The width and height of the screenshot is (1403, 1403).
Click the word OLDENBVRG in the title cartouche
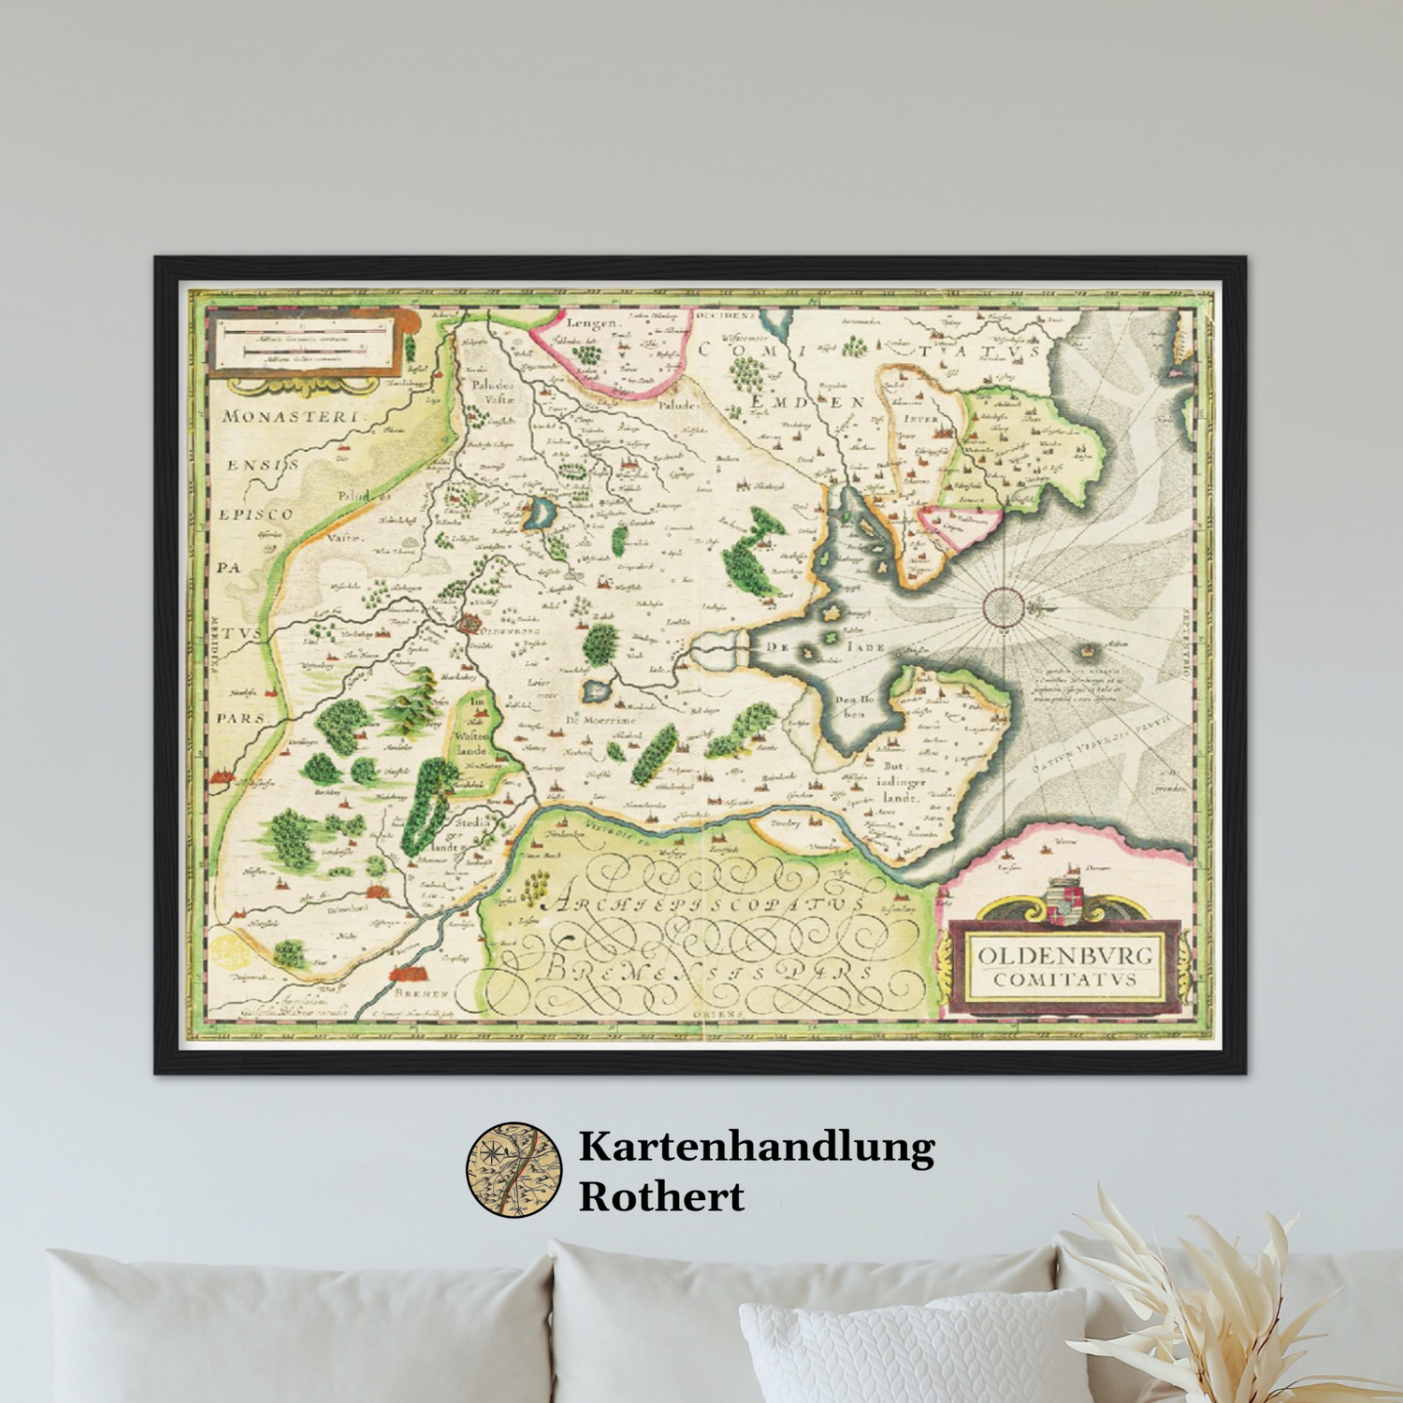click(x=1065, y=956)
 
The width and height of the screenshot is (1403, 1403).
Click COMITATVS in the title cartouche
click(x=1065, y=980)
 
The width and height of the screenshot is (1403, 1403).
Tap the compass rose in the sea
click(x=1003, y=607)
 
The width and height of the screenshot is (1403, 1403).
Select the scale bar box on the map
click(x=301, y=343)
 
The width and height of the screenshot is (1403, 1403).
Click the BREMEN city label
click(x=422, y=992)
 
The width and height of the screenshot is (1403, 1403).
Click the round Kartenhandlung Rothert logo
click(x=514, y=1170)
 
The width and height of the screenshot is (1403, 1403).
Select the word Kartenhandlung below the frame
click(x=757, y=1148)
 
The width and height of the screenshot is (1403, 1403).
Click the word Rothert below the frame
click(x=661, y=1196)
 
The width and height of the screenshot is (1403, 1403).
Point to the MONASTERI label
click(x=290, y=417)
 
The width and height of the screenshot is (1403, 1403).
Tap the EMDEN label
click(x=808, y=400)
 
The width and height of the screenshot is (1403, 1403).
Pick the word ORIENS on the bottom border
click(x=718, y=1013)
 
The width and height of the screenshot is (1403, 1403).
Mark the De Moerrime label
click(x=600, y=720)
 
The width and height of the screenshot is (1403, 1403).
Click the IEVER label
click(x=921, y=419)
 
